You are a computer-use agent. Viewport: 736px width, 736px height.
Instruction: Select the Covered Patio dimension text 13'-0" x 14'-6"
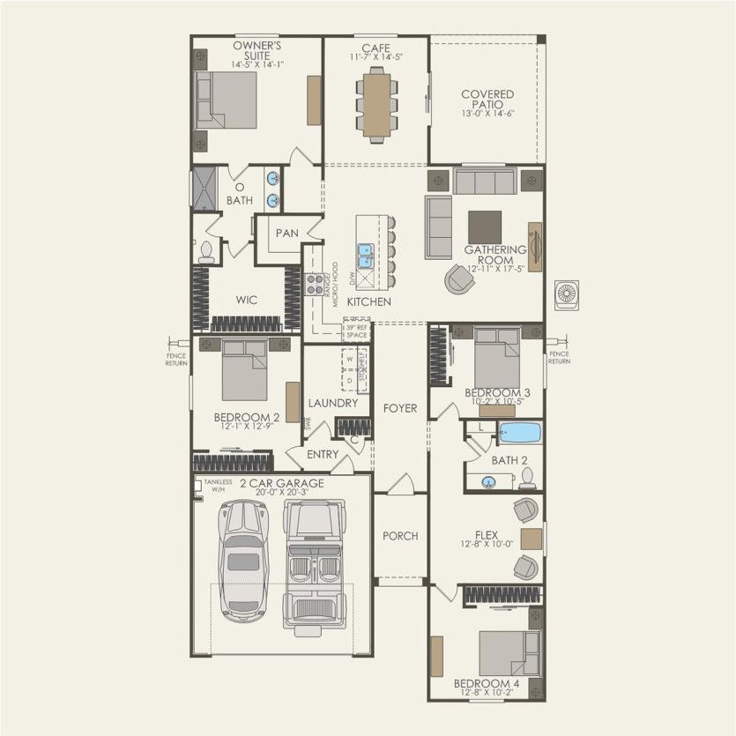click(x=487, y=114)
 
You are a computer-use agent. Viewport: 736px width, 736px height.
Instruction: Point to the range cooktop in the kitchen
click(x=315, y=284)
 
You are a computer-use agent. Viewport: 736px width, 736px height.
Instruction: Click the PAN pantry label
click(x=286, y=234)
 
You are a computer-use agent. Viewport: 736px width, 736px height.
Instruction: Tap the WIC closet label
click(x=246, y=301)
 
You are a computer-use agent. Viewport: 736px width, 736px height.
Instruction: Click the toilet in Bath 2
click(x=528, y=478)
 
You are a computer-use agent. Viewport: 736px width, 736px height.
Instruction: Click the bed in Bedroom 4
click(x=509, y=652)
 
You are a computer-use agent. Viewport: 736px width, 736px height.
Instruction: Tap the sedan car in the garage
click(x=244, y=559)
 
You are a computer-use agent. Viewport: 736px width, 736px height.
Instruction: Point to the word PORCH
click(x=400, y=536)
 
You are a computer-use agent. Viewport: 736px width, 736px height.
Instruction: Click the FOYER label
click(x=399, y=409)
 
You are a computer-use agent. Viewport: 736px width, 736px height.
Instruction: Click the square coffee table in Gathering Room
click(x=484, y=226)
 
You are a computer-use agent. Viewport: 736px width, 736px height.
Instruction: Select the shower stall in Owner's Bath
click(x=204, y=189)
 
